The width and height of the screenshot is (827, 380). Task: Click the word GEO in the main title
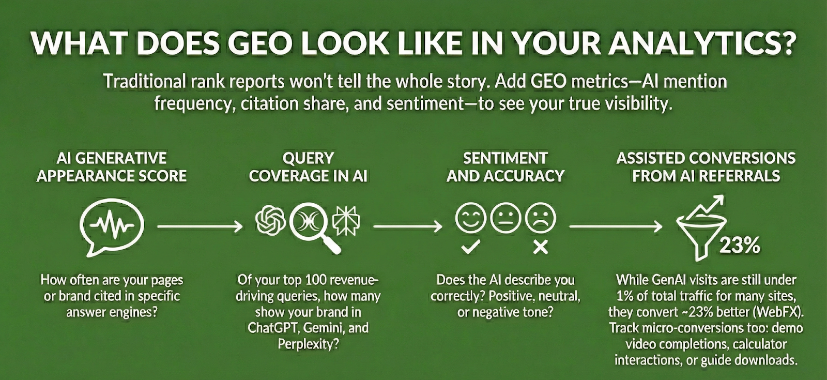point(261,44)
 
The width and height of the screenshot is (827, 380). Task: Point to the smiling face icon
point(470,218)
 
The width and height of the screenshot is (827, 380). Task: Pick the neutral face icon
point(505,218)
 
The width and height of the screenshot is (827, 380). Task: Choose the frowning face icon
point(540,218)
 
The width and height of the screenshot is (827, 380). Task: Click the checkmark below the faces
point(470,248)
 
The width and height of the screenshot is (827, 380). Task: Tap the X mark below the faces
point(540,248)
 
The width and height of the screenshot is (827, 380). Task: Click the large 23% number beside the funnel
point(740,245)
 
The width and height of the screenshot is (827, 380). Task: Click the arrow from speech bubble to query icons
point(200,226)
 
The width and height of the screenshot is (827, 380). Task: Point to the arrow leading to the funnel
point(615,226)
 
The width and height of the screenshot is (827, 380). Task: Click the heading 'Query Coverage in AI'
point(308,167)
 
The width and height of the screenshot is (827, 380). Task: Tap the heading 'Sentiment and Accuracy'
point(505,167)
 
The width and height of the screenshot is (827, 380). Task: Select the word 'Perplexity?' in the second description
point(308,344)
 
